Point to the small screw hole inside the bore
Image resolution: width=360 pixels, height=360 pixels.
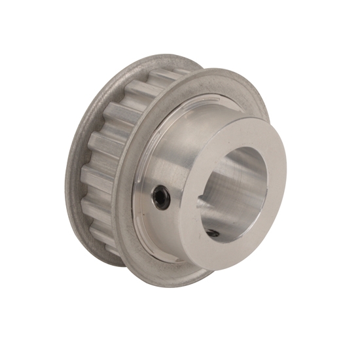(213, 232)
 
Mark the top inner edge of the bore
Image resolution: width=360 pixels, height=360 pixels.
(242, 148)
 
